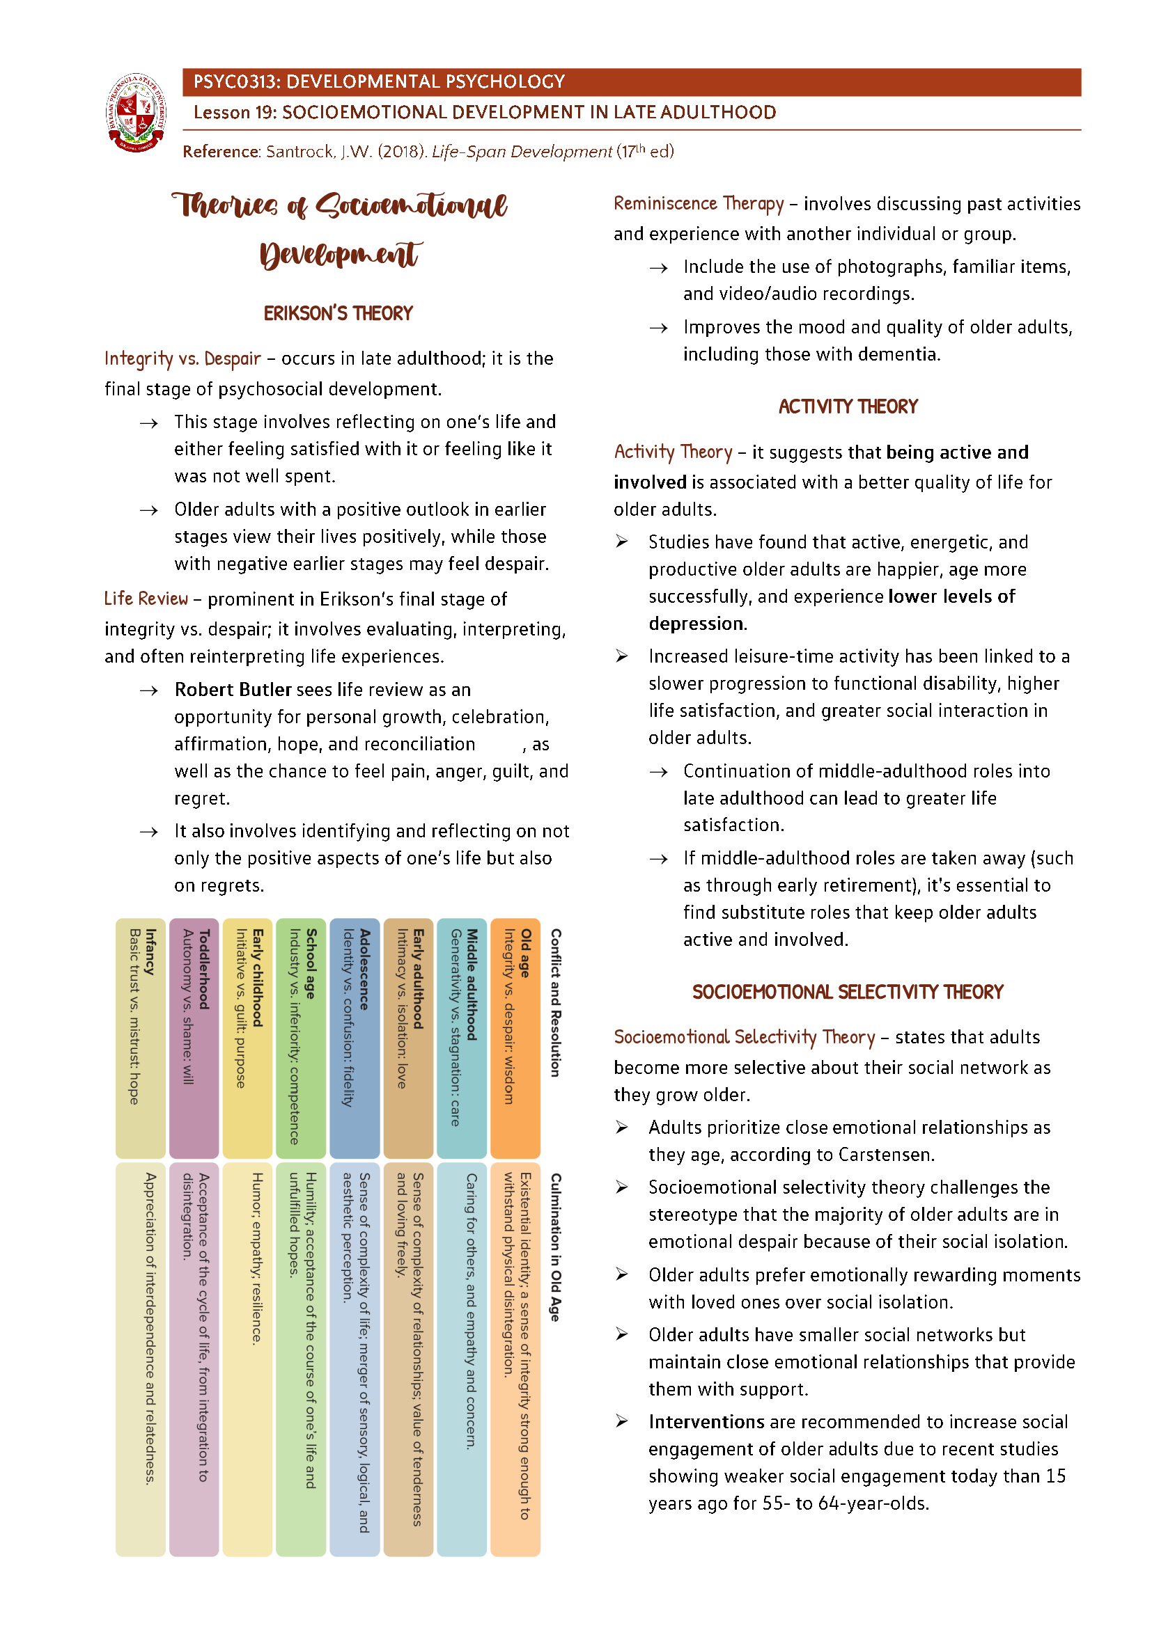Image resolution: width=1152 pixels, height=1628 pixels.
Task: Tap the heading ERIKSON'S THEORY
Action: (338, 313)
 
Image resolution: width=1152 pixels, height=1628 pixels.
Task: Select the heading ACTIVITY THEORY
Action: (848, 406)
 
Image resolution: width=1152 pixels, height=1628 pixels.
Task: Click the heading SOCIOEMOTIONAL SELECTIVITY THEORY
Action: (848, 992)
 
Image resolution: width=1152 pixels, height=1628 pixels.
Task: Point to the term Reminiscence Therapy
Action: (698, 204)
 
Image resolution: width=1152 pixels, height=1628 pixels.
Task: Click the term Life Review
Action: (146, 599)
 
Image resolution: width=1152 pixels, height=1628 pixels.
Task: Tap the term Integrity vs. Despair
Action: (182, 358)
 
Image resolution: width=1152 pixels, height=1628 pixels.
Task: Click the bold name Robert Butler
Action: (233, 690)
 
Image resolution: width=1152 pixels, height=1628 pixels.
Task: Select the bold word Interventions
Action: (706, 1422)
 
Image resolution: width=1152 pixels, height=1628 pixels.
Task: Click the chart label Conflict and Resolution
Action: (556, 1002)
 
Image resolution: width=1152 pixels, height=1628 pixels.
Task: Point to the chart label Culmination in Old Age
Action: (556, 1247)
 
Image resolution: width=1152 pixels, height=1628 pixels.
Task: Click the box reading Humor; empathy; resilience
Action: (247, 1358)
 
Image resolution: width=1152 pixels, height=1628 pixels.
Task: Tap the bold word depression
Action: (696, 624)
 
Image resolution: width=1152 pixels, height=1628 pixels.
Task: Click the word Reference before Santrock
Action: (221, 152)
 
